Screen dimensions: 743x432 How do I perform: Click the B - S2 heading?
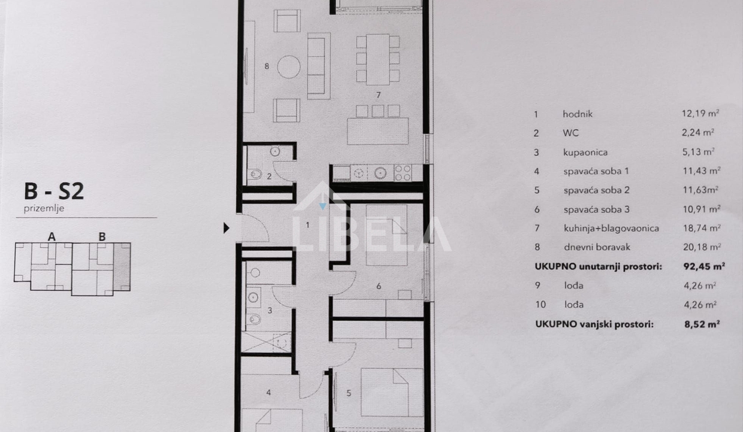pos(54,191)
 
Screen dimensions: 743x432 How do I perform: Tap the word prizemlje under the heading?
pos(44,209)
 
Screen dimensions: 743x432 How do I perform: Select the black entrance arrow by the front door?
pos(226,228)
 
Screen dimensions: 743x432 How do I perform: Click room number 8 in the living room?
pos(267,67)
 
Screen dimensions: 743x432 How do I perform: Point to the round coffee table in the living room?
pos(289,67)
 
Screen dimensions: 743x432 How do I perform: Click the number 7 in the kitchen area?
pos(379,95)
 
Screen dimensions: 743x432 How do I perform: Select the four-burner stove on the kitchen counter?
pos(403,173)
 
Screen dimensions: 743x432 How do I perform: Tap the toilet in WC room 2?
pos(256,174)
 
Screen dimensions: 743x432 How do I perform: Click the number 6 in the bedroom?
pos(379,286)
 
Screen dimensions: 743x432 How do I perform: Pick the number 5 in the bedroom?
pos(349,393)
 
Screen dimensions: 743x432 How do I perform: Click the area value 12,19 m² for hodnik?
pos(700,113)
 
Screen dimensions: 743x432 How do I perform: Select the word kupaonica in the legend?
pos(585,152)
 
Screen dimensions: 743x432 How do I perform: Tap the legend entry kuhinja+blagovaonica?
pos(611,229)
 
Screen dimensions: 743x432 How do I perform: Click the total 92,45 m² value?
pos(704,266)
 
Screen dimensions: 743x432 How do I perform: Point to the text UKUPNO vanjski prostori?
pos(594,324)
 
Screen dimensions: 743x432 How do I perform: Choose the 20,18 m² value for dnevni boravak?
pos(702,247)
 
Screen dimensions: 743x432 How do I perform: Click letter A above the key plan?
pos(52,237)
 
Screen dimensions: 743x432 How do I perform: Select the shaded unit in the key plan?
pos(122,267)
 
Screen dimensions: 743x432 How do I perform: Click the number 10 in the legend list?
pos(540,304)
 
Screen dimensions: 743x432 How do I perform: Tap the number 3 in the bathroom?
pos(270,310)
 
